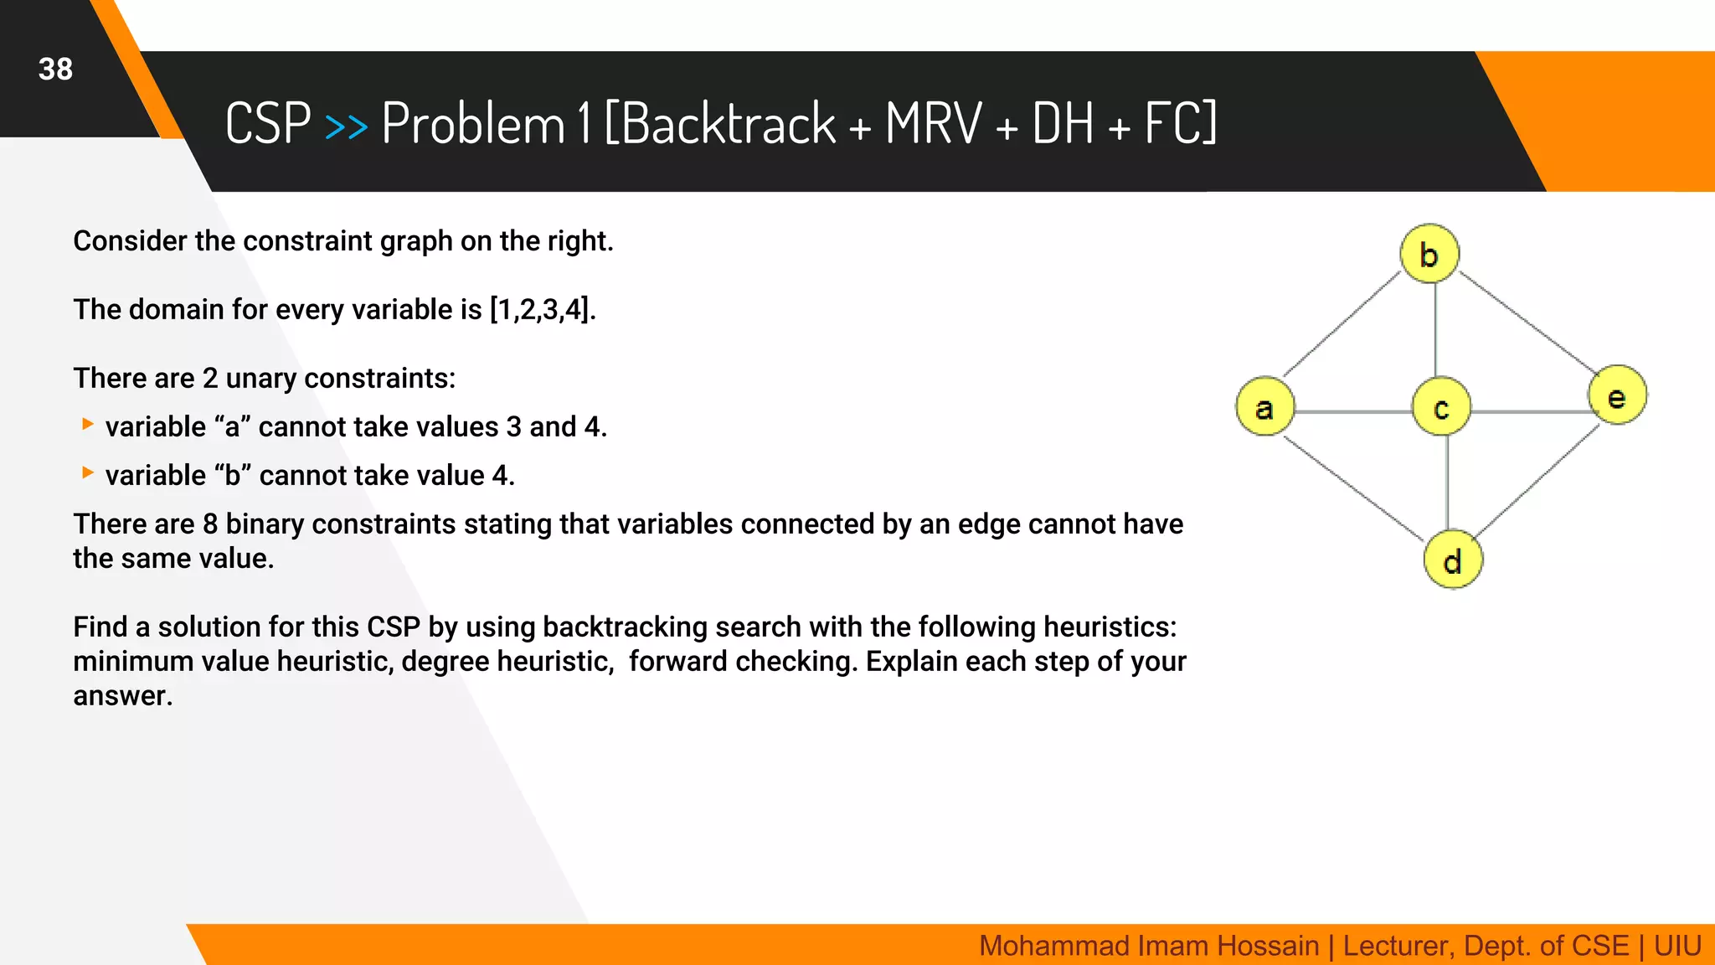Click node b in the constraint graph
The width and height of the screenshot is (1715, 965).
click(x=1429, y=254)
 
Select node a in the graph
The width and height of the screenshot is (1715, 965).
click(x=1264, y=407)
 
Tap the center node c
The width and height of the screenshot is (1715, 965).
click(x=1440, y=407)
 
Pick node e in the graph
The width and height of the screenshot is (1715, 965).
click(x=1617, y=395)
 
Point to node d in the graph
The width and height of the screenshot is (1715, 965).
click(x=1453, y=560)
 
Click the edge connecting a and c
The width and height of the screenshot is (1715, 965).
click(x=1352, y=412)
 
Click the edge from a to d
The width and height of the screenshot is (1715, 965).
click(x=1352, y=488)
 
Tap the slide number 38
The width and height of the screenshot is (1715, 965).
click(x=55, y=70)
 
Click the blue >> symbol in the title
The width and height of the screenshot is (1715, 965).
click(x=346, y=126)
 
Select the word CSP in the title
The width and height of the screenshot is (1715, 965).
click(x=268, y=124)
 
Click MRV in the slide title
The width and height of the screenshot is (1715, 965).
click(x=933, y=124)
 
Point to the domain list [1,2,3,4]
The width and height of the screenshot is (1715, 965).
click(x=541, y=310)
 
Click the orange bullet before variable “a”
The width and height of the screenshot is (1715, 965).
click(x=87, y=425)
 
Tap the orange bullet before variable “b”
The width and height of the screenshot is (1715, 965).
click(x=87, y=473)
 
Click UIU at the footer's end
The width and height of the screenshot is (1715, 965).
click(x=1676, y=946)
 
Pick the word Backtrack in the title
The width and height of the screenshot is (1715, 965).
click(x=728, y=124)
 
